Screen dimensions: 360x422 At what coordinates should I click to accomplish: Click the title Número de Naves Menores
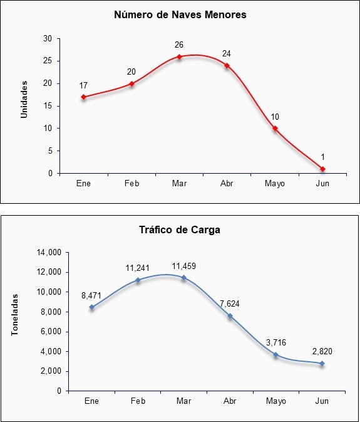[180, 14]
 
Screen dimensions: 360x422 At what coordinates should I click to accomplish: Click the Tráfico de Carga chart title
[180, 230]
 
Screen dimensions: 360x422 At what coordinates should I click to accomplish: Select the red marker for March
[179, 56]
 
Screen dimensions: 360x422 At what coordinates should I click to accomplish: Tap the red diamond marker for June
[322, 169]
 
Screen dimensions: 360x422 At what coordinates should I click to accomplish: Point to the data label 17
[83, 85]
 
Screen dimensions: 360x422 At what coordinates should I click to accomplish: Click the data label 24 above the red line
[227, 54]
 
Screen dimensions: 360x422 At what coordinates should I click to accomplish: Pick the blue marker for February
[138, 280]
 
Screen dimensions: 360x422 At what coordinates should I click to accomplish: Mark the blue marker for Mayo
[276, 355]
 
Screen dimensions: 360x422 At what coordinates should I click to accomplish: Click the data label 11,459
[184, 266]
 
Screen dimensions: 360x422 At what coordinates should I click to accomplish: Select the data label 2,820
[322, 351]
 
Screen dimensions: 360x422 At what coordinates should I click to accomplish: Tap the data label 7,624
[230, 304]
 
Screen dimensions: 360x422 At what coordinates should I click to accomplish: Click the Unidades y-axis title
[24, 99]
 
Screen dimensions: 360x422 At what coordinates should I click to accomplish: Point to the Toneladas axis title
[15, 315]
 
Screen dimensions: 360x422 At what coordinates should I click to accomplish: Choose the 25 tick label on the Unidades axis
[48, 61]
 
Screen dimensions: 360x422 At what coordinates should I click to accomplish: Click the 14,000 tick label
[50, 253]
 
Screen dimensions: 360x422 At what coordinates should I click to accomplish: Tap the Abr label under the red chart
[227, 184]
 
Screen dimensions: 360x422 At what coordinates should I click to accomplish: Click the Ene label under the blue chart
[91, 401]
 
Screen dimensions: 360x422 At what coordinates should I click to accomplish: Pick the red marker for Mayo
[275, 129]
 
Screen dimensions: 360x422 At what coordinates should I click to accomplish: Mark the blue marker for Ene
[92, 307]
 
